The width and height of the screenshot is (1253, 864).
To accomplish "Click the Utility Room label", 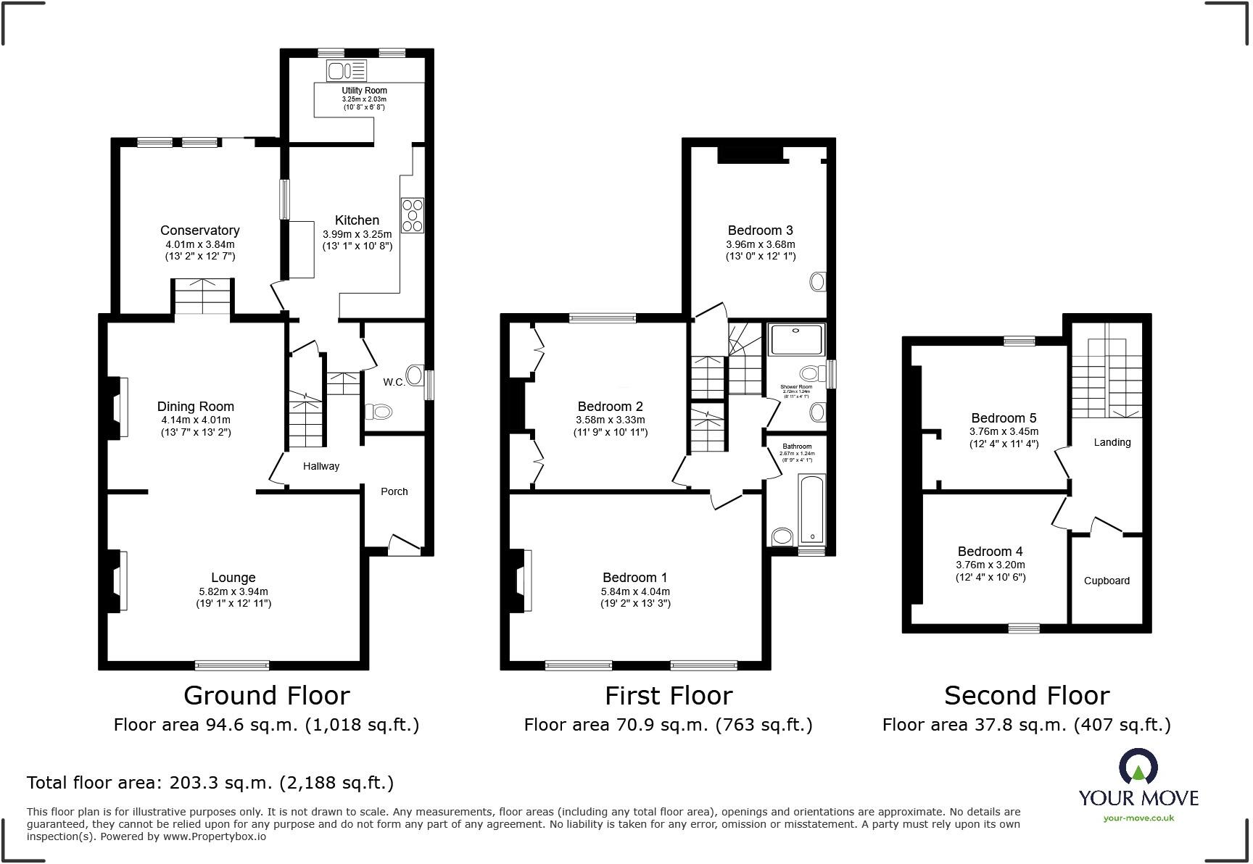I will coord(364,91).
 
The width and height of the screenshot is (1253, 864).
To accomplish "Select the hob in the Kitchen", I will coord(413,215).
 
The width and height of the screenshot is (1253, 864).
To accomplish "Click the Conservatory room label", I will coord(199,230).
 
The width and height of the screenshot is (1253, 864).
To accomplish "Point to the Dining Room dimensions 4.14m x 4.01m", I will coord(195,420).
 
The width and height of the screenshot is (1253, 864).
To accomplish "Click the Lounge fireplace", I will coord(116,581).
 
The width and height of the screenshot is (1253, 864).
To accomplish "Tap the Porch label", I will coord(394,491).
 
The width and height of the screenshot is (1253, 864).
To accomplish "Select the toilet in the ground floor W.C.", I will coord(379,412).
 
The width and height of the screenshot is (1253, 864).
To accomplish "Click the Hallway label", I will coord(321,466).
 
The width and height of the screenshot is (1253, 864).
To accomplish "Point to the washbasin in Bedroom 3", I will coord(818,281).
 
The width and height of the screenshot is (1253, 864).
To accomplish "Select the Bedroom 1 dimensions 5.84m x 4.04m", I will coord(635,591).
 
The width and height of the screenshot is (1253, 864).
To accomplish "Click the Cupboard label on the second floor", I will coord(1106,581).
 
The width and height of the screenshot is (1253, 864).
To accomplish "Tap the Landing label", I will coord(1112,442).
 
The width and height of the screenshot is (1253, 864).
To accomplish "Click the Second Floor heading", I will coord(1026,696).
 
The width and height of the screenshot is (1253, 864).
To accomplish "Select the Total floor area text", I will coord(210,783).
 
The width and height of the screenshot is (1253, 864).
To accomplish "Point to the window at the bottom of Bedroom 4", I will coord(1023,628).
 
